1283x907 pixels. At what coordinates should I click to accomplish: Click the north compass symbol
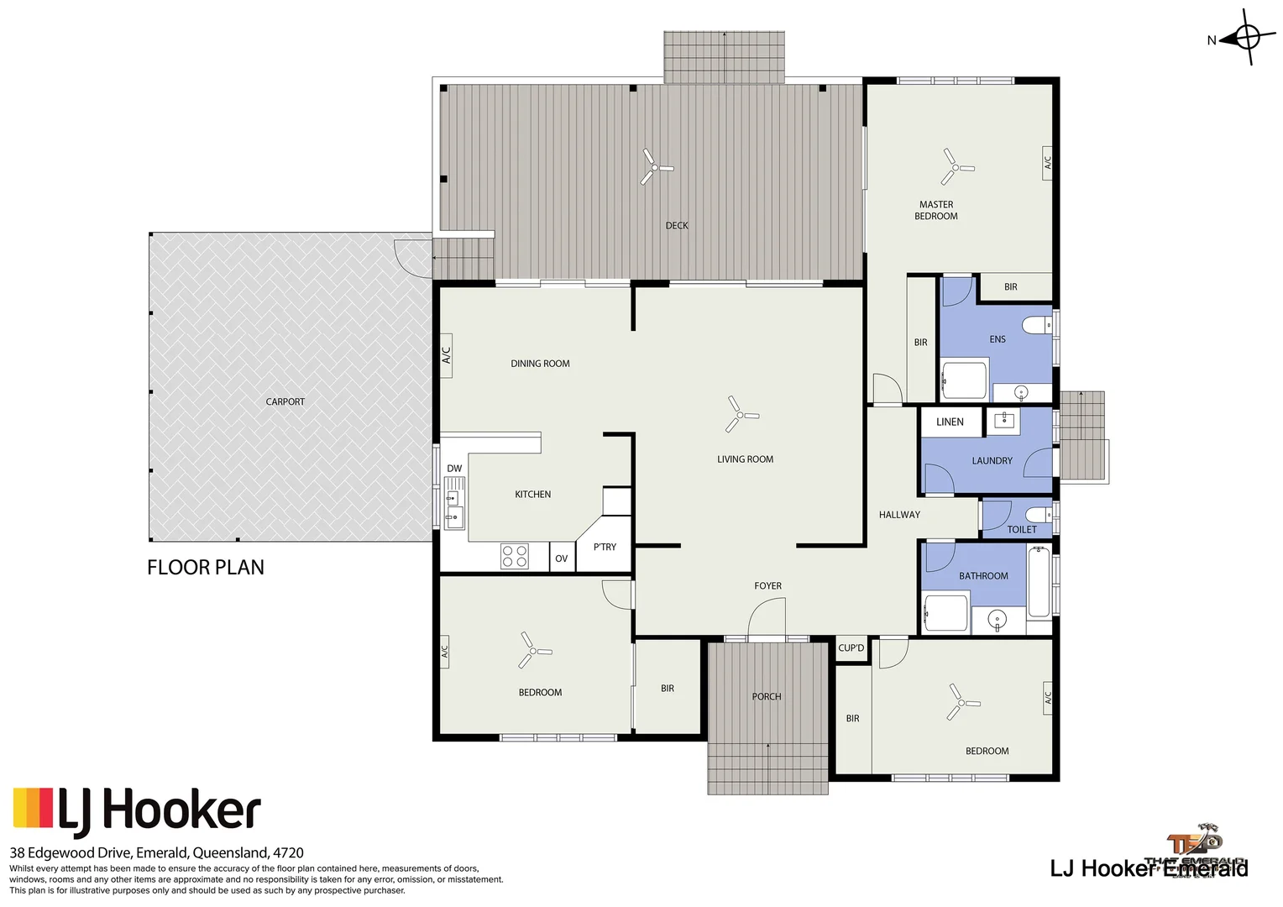(x=1246, y=38)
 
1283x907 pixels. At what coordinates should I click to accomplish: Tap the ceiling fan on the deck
(x=655, y=167)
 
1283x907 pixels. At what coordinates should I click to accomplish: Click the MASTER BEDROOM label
(x=936, y=210)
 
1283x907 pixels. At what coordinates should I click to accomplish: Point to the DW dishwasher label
(x=454, y=469)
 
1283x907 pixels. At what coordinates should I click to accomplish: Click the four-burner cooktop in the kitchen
(x=514, y=557)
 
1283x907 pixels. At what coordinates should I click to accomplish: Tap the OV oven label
(x=562, y=558)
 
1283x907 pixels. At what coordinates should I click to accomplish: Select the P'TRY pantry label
(x=605, y=547)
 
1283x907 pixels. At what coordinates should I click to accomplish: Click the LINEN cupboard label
(x=950, y=422)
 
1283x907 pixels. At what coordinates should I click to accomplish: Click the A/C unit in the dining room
(x=446, y=355)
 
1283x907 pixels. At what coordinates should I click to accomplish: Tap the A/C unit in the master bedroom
(x=1047, y=161)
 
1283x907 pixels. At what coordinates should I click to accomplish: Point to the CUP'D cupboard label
(x=851, y=647)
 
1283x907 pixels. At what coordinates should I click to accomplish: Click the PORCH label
(x=766, y=696)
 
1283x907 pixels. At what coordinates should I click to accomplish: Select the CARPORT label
(x=285, y=401)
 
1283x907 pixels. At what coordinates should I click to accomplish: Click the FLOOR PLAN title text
(x=206, y=568)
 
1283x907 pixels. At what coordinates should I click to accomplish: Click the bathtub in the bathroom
(x=1039, y=581)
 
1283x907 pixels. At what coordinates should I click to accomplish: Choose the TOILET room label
(x=1021, y=529)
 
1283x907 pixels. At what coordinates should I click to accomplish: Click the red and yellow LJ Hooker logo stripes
(x=33, y=807)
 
